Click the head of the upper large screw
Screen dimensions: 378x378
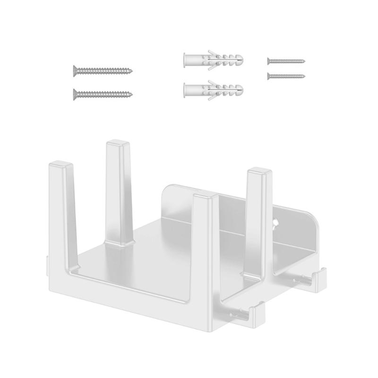75,70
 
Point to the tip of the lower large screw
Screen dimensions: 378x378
131,94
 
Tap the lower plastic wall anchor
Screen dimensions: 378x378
213,89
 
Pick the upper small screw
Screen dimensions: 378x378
286,61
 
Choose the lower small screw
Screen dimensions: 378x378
286,76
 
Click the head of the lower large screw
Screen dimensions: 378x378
75,94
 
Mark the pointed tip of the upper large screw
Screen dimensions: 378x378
131,71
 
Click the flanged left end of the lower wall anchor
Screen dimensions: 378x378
184,89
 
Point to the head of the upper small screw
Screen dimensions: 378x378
268,60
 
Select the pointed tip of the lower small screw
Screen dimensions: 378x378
304,76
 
